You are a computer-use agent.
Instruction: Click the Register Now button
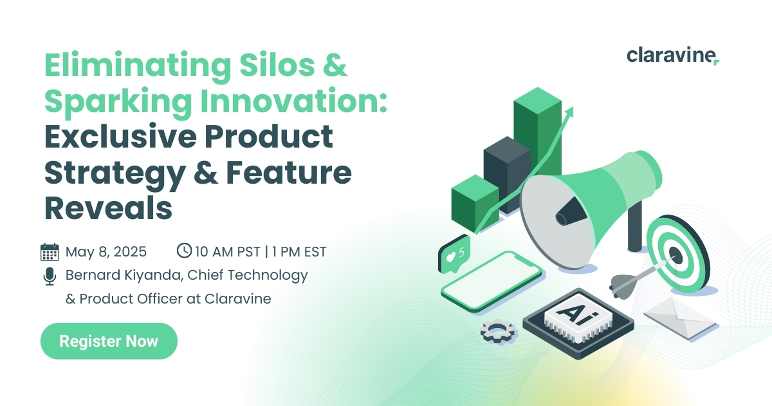(109, 341)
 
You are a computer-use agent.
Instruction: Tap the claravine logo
(673, 56)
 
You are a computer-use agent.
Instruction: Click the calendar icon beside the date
(50, 252)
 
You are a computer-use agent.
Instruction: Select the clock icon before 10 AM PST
(184, 251)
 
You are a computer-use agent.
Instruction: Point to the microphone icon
(50, 276)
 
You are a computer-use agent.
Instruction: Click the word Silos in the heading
(277, 65)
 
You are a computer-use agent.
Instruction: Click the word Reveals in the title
(108, 208)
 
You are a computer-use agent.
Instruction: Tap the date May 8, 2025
(106, 252)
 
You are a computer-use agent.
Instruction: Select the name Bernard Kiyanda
(124, 275)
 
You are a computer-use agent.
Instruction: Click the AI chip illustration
(578, 322)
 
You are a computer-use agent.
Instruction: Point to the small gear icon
(499, 331)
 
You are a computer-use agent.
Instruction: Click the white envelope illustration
(679, 318)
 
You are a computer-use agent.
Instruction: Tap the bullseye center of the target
(675, 255)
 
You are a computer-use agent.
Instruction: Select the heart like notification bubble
(454, 255)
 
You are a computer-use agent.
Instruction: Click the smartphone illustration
(492, 282)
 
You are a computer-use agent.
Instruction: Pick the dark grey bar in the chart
(507, 175)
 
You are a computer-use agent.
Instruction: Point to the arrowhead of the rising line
(569, 113)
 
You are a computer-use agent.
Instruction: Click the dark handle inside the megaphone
(571, 211)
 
